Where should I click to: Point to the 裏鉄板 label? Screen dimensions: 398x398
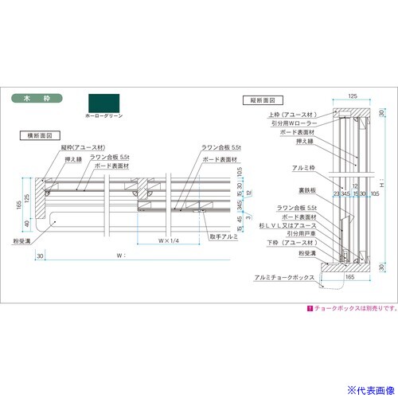click(287, 190)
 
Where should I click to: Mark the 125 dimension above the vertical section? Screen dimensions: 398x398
click(352, 95)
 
